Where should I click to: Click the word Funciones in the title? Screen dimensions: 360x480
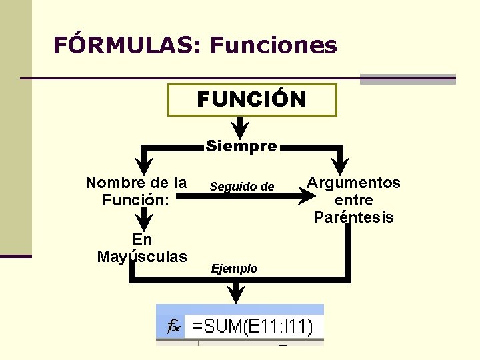pyautogui.click(x=273, y=45)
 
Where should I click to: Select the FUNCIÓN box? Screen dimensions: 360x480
pyautogui.click(x=252, y=100)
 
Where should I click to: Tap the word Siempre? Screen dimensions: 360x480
pyautogui.click(x=241, y=146)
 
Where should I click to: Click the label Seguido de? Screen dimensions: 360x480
pyautogui.click(x=242, y=187)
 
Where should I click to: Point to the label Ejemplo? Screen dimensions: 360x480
pyautogui.click(x=234, y=269)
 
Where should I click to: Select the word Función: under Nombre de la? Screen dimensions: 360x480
pyautogui.click(x=136, y=199)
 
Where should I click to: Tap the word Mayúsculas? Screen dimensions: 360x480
pyautogui.click(x=142, y=256)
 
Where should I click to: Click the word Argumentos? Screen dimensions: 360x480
pyautogui.click(x=354, y=183)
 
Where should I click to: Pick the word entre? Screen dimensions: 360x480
pyautogui.click(x=354, y=200)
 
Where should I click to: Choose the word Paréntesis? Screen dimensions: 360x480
pyautogui.click(x=354, y=217)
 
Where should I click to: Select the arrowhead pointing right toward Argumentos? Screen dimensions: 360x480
pyautogui.click(x=307, y=195)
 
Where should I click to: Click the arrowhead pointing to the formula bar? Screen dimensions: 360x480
pyautogui.click(x=235, y=293)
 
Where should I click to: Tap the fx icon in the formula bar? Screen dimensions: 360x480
pyautogui.click(x=173, y=326)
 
